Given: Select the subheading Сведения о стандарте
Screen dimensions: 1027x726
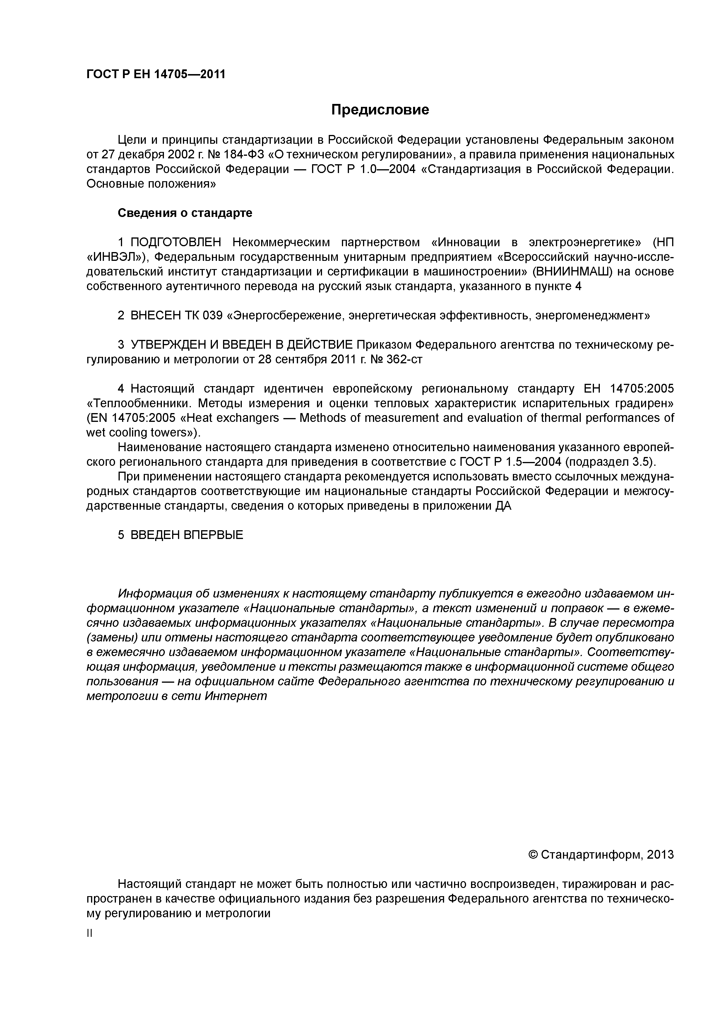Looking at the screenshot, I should tap(185, 213).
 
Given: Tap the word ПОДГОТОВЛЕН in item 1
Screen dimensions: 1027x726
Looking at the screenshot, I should tap(176, 242).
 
